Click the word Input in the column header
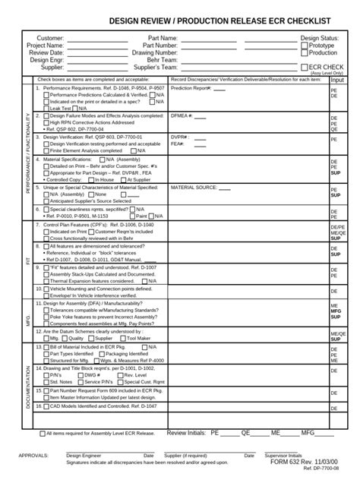click(x=337, y=80)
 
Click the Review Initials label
click(x=185, y=432)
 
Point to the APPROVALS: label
click(x=33, y=456)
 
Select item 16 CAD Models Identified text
click(x=96, y=406)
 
